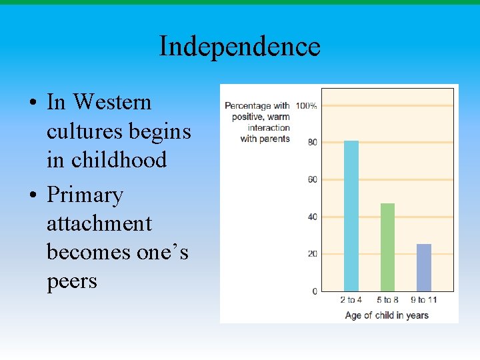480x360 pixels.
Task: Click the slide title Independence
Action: [239, 47]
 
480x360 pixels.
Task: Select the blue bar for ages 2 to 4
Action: [351, 216]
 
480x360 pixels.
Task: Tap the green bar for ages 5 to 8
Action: [387, 247]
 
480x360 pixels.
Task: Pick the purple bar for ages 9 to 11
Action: [424, 267]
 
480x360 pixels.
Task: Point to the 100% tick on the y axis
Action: [306, 106]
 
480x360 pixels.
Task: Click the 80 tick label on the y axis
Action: [312, 143]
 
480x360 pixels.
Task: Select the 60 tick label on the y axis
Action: [312, 180]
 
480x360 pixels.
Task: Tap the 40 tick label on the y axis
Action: [312, 217]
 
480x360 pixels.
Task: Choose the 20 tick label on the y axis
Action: [312, 255]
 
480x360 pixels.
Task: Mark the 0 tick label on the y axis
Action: [315, 292]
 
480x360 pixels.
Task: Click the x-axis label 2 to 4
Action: [351, 301]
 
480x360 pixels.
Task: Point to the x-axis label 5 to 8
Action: [387, 301]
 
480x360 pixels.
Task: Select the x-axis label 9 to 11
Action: [423, 301]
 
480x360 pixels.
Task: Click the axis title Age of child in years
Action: [387, 315]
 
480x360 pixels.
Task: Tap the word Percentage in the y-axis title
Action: [248, 106]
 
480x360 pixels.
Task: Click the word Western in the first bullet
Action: [112, 103]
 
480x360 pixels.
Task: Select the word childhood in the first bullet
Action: [119, 160]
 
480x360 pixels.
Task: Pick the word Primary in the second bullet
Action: [85, 195]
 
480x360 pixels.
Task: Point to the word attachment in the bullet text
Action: [99, 224]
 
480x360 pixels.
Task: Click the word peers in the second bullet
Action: [71, 281]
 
